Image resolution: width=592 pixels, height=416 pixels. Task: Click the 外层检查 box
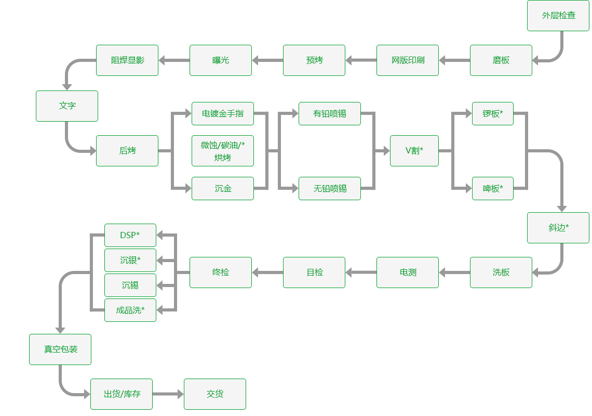(x=558, y=16)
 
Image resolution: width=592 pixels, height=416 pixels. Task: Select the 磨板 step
(x=501, y=60)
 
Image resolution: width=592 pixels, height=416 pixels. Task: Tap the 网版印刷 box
(x=408, y=60)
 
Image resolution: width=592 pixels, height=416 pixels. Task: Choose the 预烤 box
(x=314, y=60)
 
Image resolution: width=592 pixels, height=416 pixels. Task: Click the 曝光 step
(x=221, y=60)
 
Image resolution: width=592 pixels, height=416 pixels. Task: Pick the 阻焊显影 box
(x=127, y=60)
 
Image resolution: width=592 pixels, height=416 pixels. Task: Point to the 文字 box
(x=67, y=106)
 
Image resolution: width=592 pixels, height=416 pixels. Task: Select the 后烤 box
(x=127, y=151)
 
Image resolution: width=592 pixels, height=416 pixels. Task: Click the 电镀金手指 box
(x=222, y=114)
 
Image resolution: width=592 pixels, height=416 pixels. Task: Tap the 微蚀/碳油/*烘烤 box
(x=222, y=151)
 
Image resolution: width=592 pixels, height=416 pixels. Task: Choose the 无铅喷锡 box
(x=330, y=189)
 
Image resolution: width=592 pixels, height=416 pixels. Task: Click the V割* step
(x=414, y=151)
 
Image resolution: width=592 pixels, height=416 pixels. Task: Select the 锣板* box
(x=493, y=114)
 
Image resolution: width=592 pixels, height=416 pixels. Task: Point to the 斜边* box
(x=558, y=228)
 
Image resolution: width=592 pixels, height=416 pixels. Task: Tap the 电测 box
(x=408, y=272)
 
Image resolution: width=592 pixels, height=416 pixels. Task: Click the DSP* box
(x=130, y=236)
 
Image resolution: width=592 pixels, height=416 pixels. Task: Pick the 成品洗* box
(x=130, y=310)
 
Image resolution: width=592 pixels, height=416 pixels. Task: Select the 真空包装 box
(x=60, y=349)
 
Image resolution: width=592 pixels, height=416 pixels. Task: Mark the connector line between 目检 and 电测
(x=361, y=272)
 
